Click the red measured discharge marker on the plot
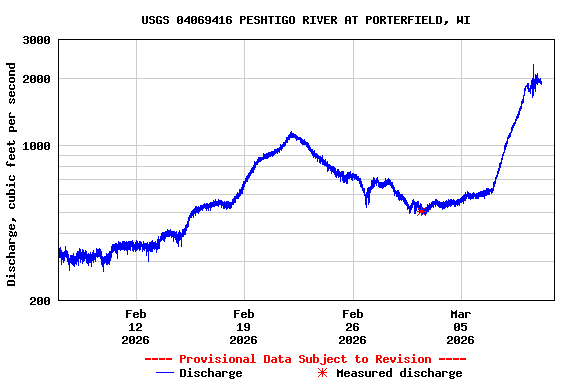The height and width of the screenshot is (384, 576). point(422,211)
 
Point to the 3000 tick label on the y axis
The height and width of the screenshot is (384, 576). point(37,40)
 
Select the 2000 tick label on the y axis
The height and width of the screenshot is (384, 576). point(37,79)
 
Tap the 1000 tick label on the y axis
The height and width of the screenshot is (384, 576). point(37,146)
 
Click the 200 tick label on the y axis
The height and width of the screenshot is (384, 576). point(41,300)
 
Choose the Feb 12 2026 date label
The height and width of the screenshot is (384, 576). point(135,327)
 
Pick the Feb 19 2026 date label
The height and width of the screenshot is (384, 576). point(243,327)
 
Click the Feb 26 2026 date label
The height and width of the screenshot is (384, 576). point(352,327)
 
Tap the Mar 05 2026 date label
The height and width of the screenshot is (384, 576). point(460,327)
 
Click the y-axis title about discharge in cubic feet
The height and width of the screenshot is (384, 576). point(12,174)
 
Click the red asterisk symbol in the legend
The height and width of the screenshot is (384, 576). point(322,373)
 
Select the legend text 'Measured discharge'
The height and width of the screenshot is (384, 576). point(399,373)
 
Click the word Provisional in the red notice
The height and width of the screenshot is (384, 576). point(218,359)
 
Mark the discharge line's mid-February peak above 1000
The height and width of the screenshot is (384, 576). point(291,133)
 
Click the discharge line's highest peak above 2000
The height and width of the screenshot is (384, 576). point(533,67)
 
